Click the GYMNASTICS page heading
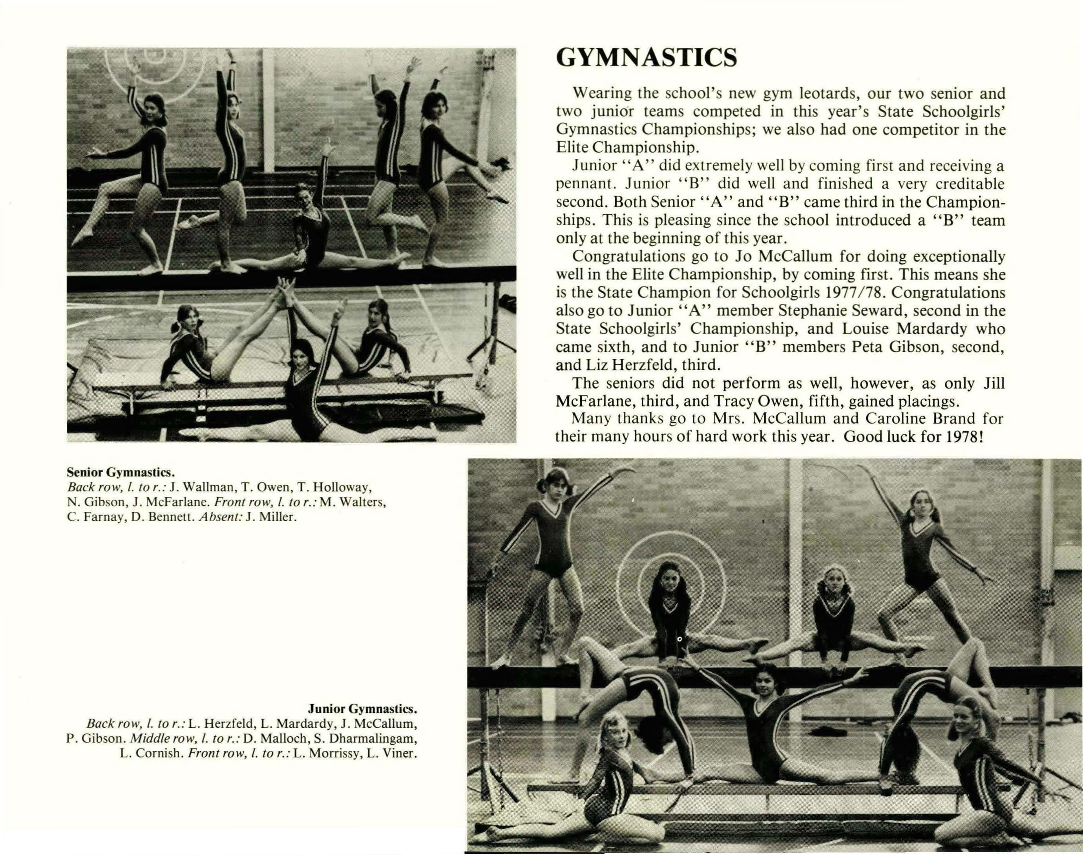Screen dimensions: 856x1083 coord(647,58)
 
